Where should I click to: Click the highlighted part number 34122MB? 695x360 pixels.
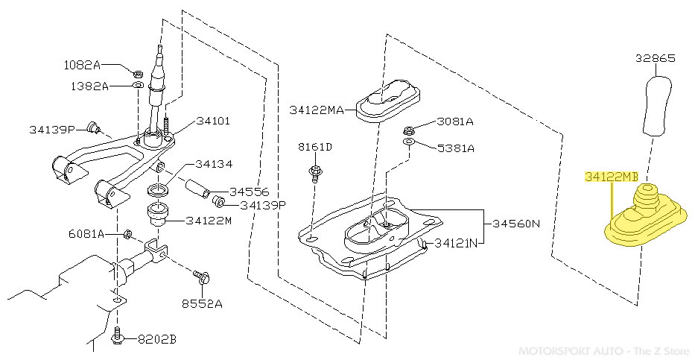(x=612, y=177)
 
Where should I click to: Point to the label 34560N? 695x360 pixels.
(x=515, y=224)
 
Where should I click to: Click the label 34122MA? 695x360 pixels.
(x=317, y=110)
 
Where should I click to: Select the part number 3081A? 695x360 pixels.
(x=454, y=121)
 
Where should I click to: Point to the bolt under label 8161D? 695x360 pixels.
(x=315, y=172)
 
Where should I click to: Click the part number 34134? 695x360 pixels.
(x=215, y=164)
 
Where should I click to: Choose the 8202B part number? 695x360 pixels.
(x=156, y=339)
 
